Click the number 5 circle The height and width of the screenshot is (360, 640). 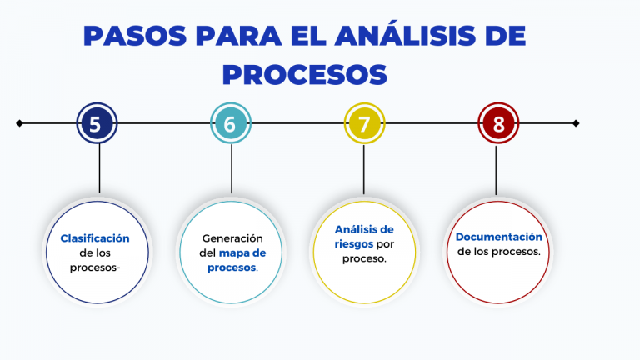(96, 124)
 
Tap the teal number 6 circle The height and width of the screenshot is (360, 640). (230, 124)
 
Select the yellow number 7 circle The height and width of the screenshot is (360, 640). (364, 124)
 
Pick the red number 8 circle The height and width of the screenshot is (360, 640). (498, 124)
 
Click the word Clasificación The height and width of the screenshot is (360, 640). (95, 237)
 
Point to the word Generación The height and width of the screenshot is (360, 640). (232, 237)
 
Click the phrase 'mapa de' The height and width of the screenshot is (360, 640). (242, 252)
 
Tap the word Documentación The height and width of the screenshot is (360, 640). (498, 237)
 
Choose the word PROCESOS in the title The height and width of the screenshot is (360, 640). (305, 74)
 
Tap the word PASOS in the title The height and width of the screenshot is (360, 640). (134, 37)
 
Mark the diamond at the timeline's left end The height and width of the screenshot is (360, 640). (19, 123)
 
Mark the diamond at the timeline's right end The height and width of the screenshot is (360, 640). (576, 123)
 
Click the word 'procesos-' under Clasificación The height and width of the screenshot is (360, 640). (95, 267)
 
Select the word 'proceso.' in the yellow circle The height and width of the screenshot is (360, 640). (364, 258)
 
